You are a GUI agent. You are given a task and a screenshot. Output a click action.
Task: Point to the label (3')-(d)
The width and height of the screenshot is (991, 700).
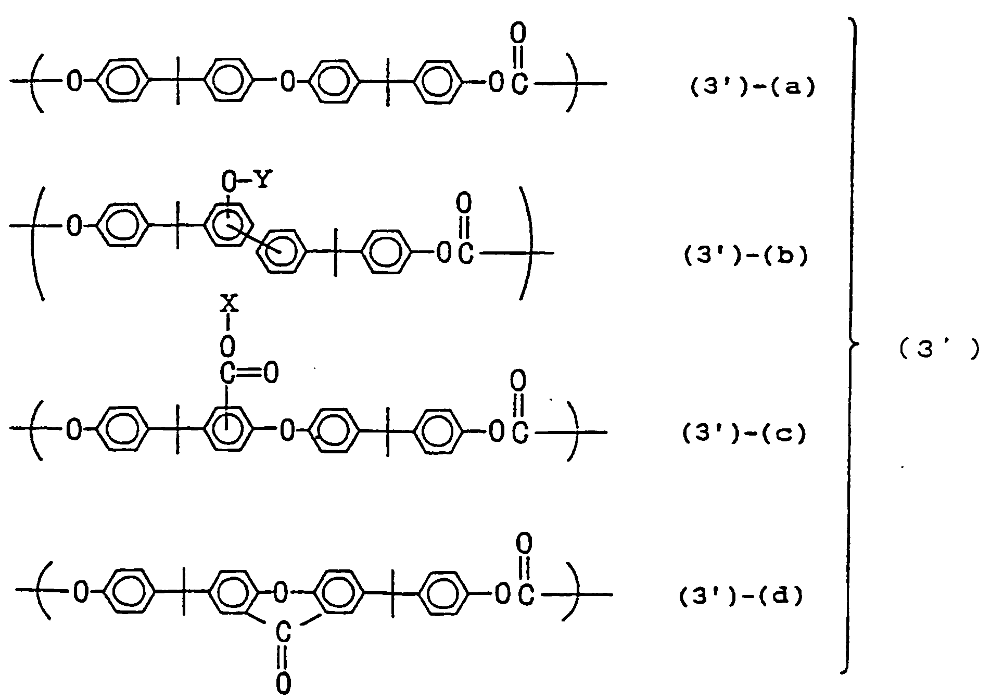click(741, 596)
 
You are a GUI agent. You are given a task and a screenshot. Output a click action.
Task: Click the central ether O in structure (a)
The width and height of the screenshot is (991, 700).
click(287, 82)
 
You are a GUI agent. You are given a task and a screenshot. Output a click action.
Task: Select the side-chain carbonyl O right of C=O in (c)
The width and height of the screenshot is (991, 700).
click(271, 374)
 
